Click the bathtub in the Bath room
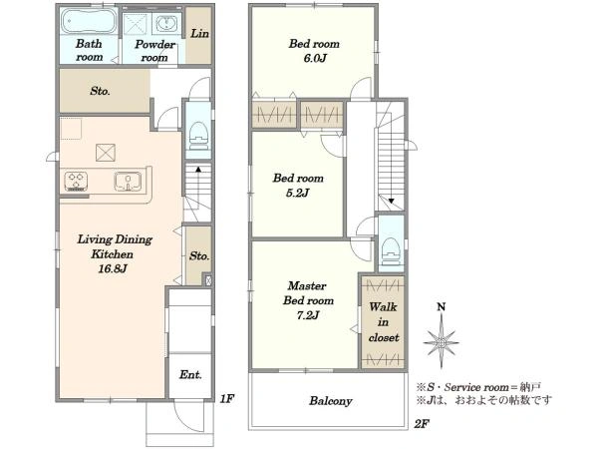coord(89,21)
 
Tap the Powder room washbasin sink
coord(166,24)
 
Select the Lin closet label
coord(199,34)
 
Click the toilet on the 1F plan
coord(198,136)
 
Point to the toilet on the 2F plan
coord(392,251)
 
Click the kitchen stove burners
coord(76,182)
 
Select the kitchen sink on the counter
coord(128,182)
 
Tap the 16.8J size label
coord(113,268)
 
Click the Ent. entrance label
coord(190,375)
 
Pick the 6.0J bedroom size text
coord(315,59)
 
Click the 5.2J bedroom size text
coord(298,193)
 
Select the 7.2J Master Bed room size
coord(308,315)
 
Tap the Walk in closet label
coord(384,322)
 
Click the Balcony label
coord(330,401)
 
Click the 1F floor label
coord(226,399)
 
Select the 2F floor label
coord(422,424)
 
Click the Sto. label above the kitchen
coord(100,91)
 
